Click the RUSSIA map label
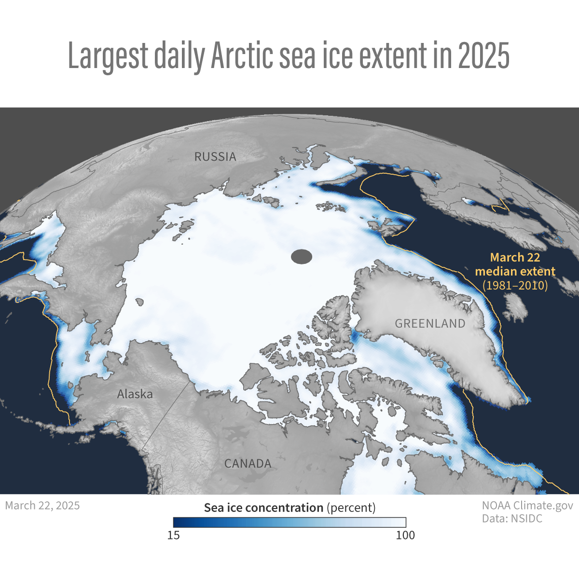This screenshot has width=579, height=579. click(x=215, y=157)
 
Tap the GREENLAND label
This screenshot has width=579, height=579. click(x=430, y=324)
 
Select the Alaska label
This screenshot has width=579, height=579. click(x=135, y=394)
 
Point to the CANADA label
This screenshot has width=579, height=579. click(x=248, y=464)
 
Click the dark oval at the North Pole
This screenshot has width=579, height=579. click(x=302, y=257)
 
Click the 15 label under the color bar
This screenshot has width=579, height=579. click(x=173, y=535)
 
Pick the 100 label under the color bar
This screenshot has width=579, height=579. click(x=405, y=535)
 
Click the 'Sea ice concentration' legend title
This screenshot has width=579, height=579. click(x=263, y=508)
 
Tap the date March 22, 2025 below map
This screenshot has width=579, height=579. click(x=42, y=506)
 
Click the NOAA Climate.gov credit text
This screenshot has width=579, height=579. click(x=527, y=506)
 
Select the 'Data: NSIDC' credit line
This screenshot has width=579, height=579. click(x=512, y=519)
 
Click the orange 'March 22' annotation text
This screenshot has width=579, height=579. click(x=515, y=258)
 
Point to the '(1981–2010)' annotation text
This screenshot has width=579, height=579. click(x=515, y=285)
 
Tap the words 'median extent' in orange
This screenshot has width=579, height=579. click(x=515, y=271)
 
